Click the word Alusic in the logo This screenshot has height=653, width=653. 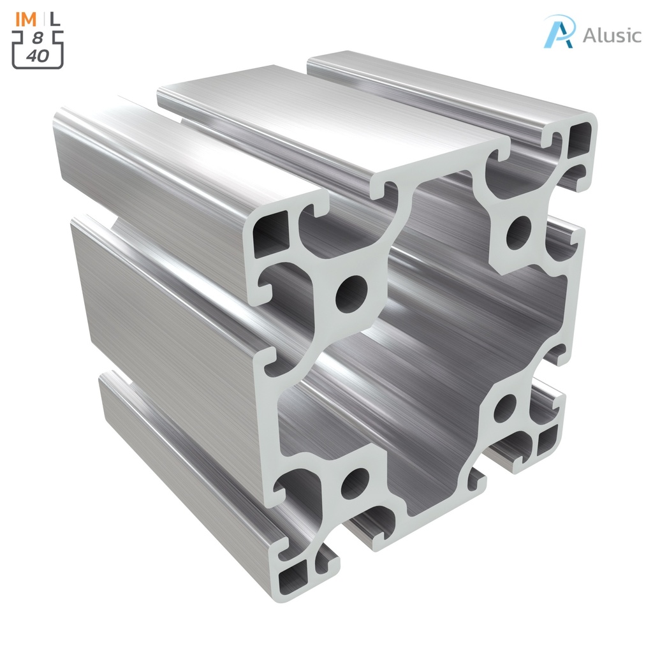pyautogui.click(x=612, y=34)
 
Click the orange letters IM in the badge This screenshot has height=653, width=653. pyautogui.click(x=27, y=20)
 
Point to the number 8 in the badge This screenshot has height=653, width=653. pyautogui.click(x=38, y=39)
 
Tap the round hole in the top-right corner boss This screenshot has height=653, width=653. pyautogui.click(x=519, y=233)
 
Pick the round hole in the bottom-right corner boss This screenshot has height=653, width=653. pyautogui.click(x=504, y=408)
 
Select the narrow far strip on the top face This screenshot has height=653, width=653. pyautogui.click(x=446, y=83)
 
